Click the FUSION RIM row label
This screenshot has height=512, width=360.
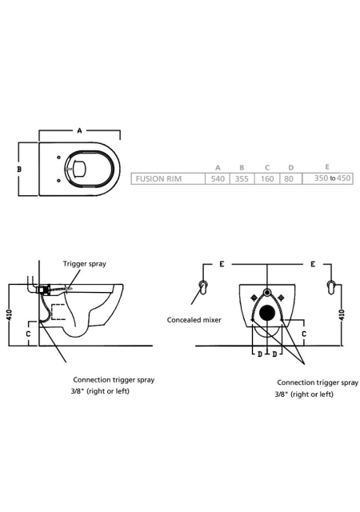coord(158,179)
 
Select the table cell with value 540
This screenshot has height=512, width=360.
coord(218,179)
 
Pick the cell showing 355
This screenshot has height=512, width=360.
coord(242,179)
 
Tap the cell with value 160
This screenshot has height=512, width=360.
coord(267,179)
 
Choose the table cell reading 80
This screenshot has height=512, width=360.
coord(289,179)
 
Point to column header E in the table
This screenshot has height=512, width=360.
coord(327,167)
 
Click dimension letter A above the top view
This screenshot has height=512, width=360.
coord(79,130)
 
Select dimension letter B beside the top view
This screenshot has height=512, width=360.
coord(19,169)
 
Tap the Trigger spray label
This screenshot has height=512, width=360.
coord(85,263)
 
